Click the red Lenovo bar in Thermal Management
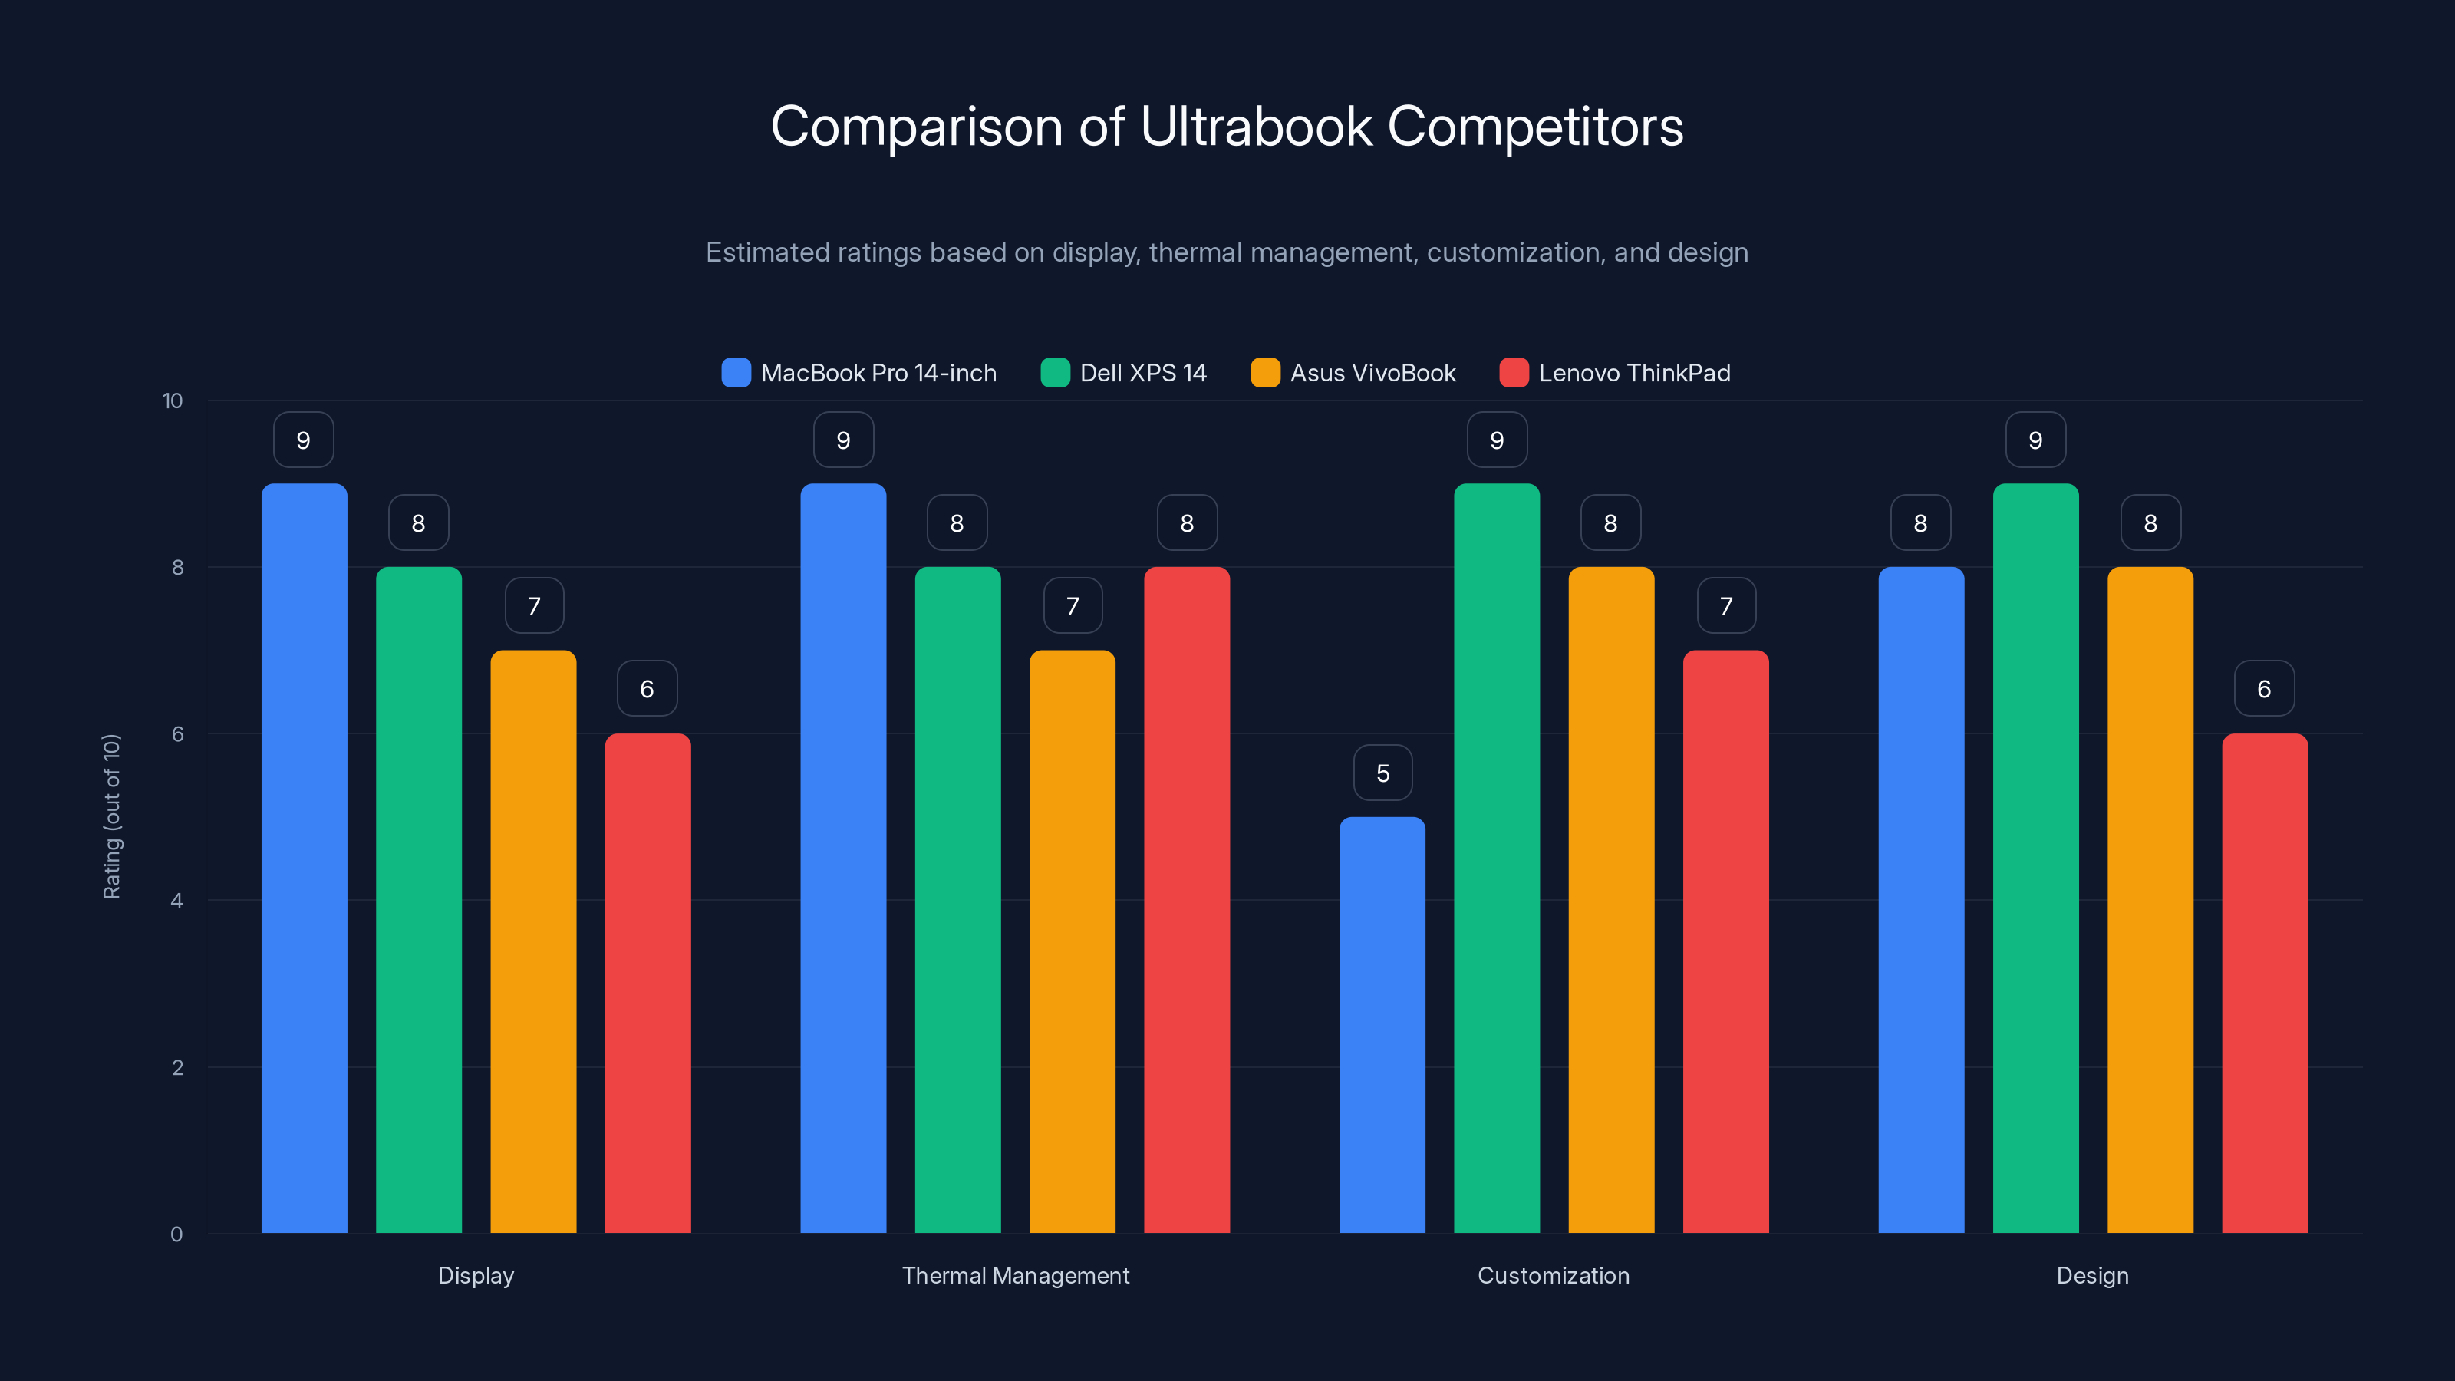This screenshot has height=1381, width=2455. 1187,900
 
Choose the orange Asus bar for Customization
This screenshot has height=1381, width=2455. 1610,900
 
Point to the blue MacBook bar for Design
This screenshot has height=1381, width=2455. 1920,900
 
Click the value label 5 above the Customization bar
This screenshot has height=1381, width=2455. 1382,773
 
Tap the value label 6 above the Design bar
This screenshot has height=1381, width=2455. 2263,689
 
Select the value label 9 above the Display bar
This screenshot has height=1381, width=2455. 303,440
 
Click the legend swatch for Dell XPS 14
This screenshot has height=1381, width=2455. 1055,373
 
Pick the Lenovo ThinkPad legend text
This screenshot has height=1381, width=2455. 1634,373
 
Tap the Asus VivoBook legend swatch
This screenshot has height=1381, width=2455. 1264,373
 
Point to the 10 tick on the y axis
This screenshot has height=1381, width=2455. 173,400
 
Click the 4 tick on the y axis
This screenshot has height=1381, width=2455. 176,901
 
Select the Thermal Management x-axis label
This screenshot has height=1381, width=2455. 1015,1275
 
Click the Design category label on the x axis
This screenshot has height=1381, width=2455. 2092,1275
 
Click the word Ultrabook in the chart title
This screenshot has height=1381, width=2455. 1255,127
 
